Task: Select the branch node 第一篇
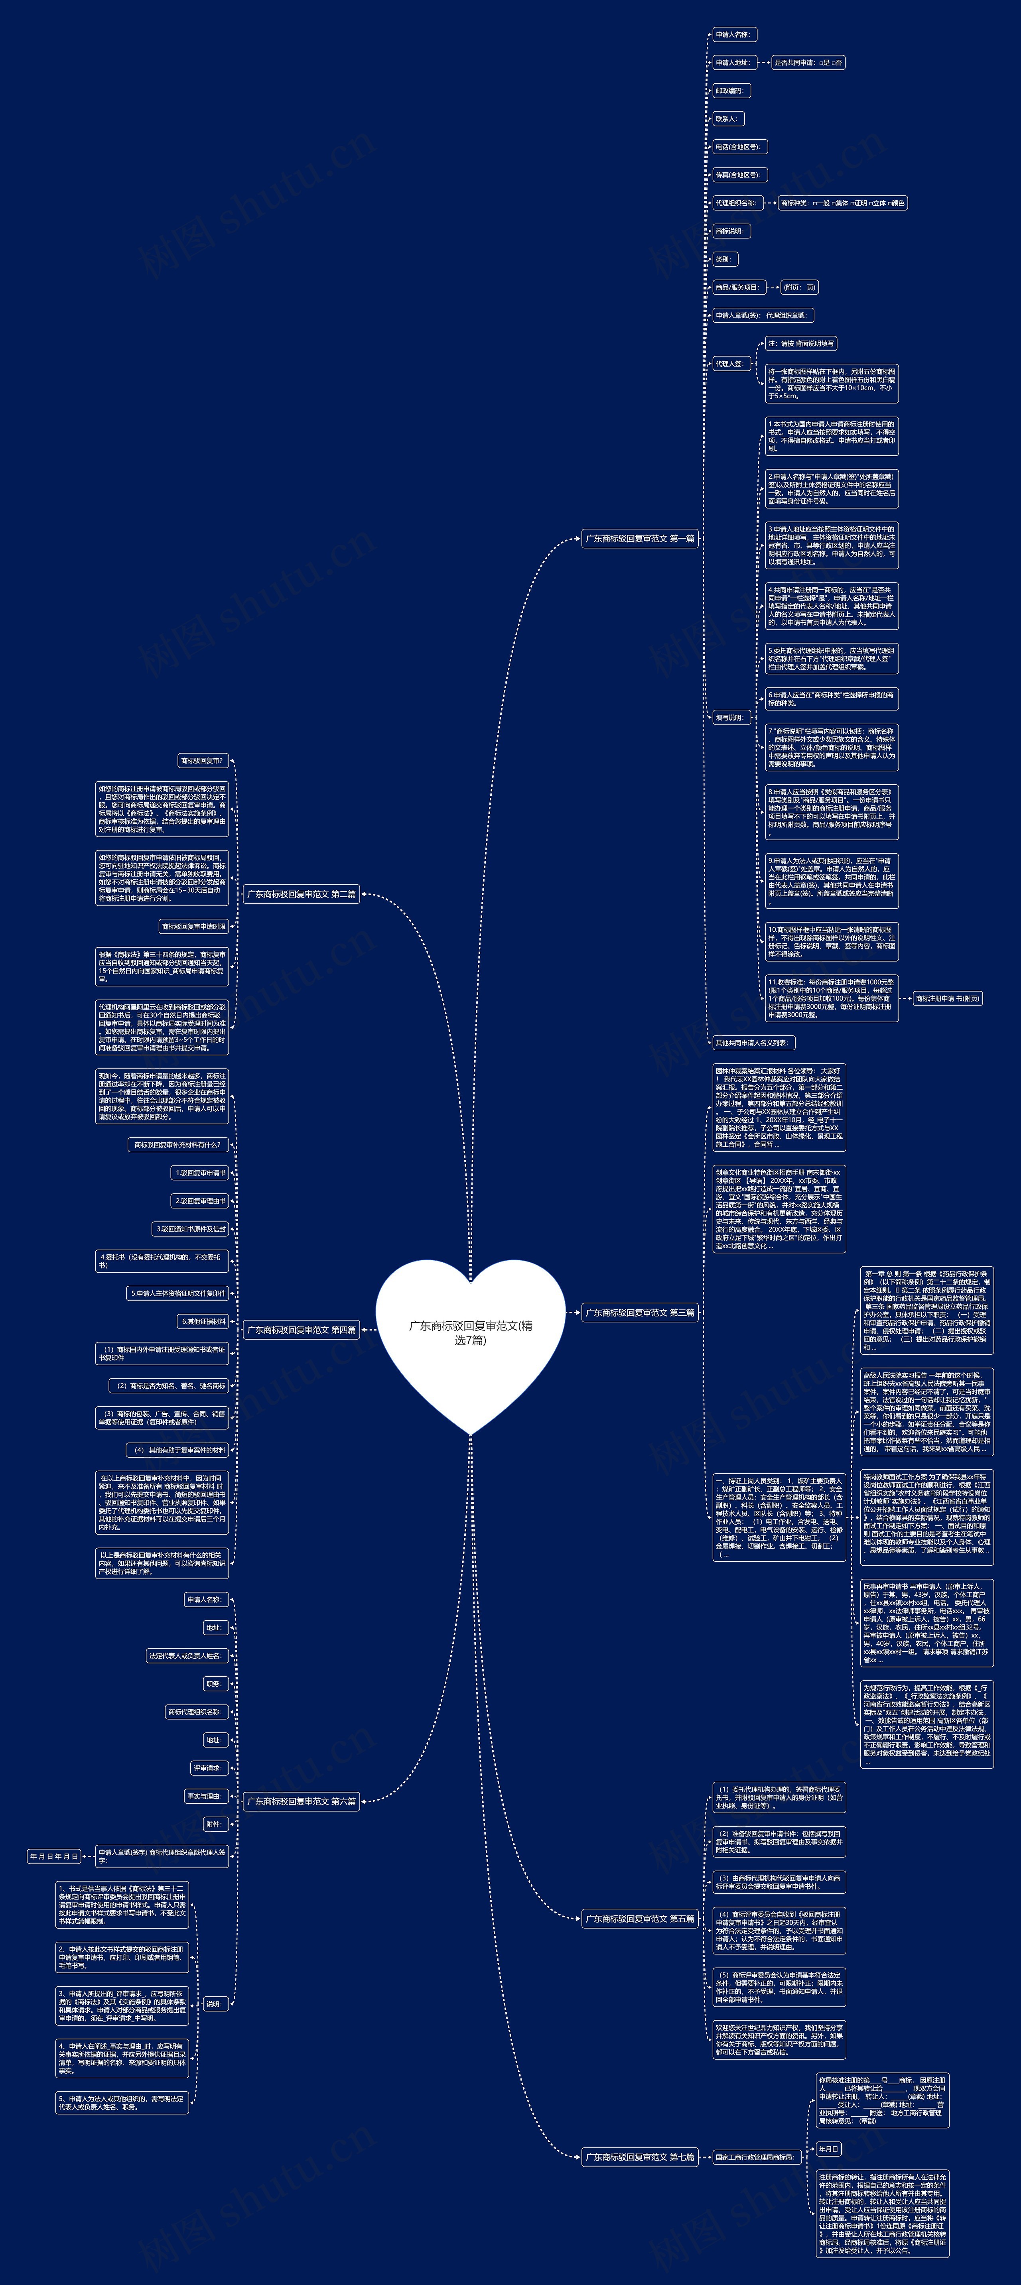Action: click(640, 538)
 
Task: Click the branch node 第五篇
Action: click(640, 1919)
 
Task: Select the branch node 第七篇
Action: click(640, 2156)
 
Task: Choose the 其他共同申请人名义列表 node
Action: click(753, 1043)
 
